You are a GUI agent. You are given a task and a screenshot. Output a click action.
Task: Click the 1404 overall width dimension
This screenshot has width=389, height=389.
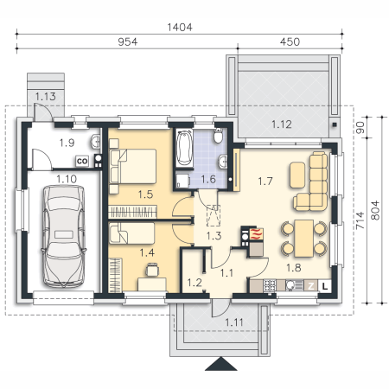tap(180, 28)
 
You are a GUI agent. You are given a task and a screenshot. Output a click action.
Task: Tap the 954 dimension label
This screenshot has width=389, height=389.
tap(128, 41)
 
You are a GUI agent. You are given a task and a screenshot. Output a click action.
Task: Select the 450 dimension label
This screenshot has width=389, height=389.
tap(290, 41)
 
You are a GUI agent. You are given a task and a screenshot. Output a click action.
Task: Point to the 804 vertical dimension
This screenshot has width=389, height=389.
tap(375, 211)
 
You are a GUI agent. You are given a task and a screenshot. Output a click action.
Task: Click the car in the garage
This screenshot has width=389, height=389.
tap(64, 236)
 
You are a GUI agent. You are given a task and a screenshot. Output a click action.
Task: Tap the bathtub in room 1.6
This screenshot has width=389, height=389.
tap(184, 149)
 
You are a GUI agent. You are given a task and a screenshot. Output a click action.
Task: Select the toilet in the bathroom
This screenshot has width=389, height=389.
tap(219, 136)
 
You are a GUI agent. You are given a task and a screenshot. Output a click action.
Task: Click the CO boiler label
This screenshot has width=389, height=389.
tap(82, 161)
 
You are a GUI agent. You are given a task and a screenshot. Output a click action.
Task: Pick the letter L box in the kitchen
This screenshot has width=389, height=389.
tap(325, 286)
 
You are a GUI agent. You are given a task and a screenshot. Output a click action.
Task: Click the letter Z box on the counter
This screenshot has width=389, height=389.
tap(311, 286)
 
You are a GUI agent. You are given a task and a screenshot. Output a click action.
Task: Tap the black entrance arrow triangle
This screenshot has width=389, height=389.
tap(221, 363)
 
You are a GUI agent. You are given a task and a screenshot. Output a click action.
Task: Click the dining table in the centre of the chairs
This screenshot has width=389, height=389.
tap(304, 239)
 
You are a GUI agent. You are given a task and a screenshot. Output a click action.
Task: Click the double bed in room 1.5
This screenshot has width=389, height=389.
tap(133, 166)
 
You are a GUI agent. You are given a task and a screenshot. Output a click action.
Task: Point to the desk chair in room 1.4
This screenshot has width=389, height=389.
tap(152, 270)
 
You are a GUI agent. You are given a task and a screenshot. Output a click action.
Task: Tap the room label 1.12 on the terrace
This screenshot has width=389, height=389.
tap(282, 124)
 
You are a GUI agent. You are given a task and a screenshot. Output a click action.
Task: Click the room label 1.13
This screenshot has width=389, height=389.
tap(45, 97)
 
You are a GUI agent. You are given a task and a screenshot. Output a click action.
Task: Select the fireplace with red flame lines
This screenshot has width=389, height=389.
tap(257, 233)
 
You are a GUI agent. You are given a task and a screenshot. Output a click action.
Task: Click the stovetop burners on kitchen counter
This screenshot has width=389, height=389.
tap(270, 285)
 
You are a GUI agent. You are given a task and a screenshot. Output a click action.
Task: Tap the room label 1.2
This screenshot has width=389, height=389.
tap(194, 283)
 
